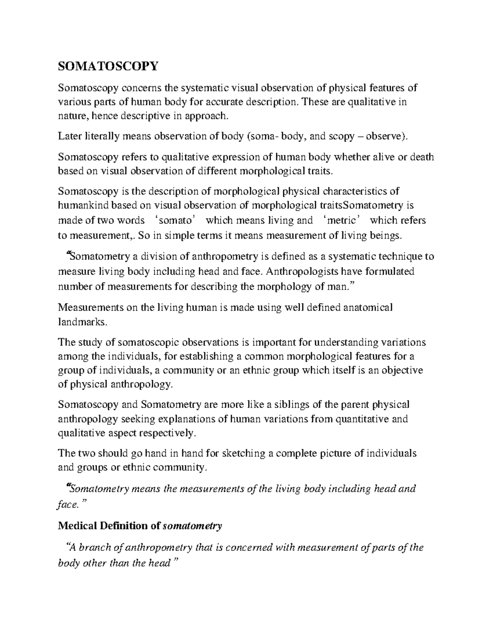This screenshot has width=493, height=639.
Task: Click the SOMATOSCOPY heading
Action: click(108, 66)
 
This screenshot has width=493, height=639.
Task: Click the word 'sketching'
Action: click(243, 453)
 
